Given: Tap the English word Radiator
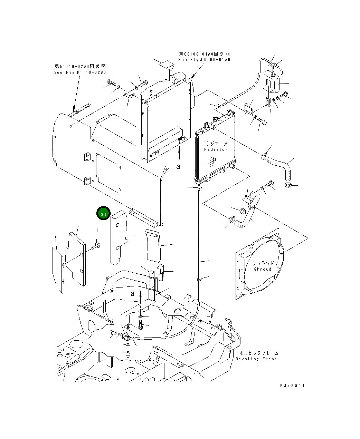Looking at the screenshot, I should pyautogui.click(x=216, y=149).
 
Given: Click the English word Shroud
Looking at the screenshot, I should pyautogui.click(x=263, y=269).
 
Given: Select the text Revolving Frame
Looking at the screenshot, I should pyautogui.click(x=256, y=359).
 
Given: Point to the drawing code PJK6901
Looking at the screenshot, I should pyautogui.click(x=292, y=386).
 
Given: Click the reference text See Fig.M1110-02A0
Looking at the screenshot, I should pyautogui.click(x=80, y=72).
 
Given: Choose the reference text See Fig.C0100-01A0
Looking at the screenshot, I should pyautogui.click(x=204, y=60).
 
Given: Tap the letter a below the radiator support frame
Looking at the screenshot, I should pyautogui.click(x=178, y=167).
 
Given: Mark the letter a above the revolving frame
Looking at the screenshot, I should pyautogui.click(x=133, y=294).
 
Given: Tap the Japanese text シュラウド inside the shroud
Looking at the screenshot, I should pyautogui.click(x=263, y=263).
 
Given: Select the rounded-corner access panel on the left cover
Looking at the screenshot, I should pyautogui.click(x=108, y=173).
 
